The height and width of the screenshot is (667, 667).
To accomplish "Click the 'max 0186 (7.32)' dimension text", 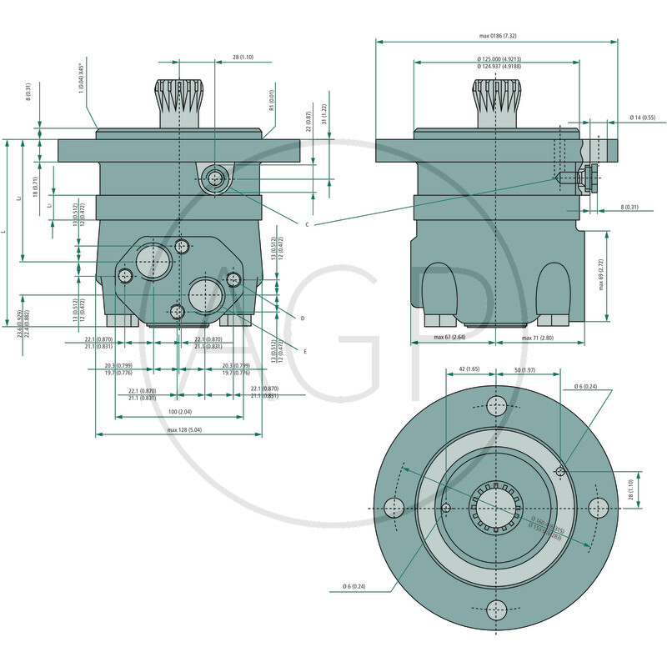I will click(498, 36).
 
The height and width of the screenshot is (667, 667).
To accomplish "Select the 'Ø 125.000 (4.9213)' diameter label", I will click(499, 59).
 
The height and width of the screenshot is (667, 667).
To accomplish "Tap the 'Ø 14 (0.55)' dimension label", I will click(642, 117).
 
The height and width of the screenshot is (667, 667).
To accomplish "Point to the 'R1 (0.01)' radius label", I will click(272, 103).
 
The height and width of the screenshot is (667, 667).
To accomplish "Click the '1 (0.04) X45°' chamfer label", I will click(81, 81).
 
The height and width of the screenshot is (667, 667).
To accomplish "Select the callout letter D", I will click(302, 318).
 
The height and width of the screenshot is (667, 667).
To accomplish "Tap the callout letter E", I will click(304, 352).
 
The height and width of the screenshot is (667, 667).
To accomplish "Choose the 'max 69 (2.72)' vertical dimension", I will click(624, 274).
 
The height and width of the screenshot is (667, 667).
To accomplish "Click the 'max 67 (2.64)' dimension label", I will click(449, 338).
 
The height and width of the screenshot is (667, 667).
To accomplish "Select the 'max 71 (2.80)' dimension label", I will click(538, 338).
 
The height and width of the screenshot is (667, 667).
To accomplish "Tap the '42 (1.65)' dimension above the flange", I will click(469, 369).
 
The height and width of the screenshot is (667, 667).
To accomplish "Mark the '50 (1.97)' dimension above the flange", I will click(524, 369).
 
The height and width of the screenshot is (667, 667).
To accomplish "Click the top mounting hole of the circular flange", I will click(497, 406).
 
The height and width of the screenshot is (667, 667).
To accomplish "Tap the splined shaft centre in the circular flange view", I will click(497, 508).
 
